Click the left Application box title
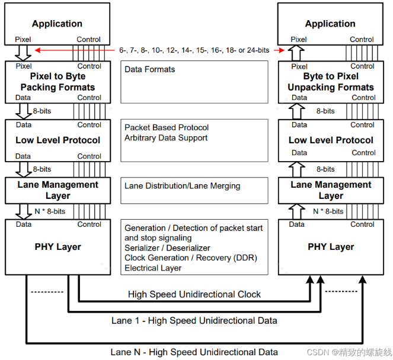(57, 24)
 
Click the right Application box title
(330, 24)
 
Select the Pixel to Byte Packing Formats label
(57, 82)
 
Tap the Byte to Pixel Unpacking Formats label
(331, 82)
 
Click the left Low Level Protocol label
(57, 140)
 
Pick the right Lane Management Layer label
(331, 190)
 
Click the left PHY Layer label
(57, 247)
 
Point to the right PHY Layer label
(331, 247)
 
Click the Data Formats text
(150, 69)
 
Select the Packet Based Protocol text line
(167, 127)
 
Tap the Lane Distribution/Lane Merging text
(183, 186)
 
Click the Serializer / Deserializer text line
(167, 248)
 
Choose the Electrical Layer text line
(153, 268)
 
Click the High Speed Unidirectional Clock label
(194, 294)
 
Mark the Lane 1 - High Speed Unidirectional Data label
(194, 321)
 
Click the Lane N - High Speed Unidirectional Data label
(194, 352)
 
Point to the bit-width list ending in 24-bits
(193, 50)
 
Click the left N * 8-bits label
(50, 211)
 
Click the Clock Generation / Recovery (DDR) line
(191, 258)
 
